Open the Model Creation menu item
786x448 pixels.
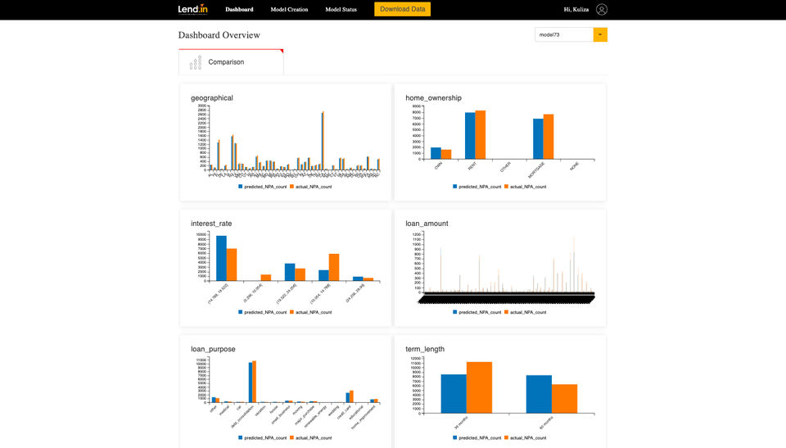click(289, 9)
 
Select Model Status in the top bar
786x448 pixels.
click(341, 9)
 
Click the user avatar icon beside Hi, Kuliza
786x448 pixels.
click(602, 9)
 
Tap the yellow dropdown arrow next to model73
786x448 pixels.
click(600, 34)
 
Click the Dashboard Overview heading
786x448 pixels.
click(219, 35)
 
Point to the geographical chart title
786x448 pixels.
click(212, 98)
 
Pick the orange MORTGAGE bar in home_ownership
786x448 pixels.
click(549, 136)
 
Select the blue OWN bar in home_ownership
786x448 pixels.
click(436, 153)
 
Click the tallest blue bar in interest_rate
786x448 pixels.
click(221, 258)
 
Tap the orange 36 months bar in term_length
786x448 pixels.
click(479, 387)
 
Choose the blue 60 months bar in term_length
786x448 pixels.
click(539, 394)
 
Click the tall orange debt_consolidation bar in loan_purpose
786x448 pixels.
click(255, 382)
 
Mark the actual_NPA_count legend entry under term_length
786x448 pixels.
click(526, 437)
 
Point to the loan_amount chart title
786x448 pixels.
click(427, 223)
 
